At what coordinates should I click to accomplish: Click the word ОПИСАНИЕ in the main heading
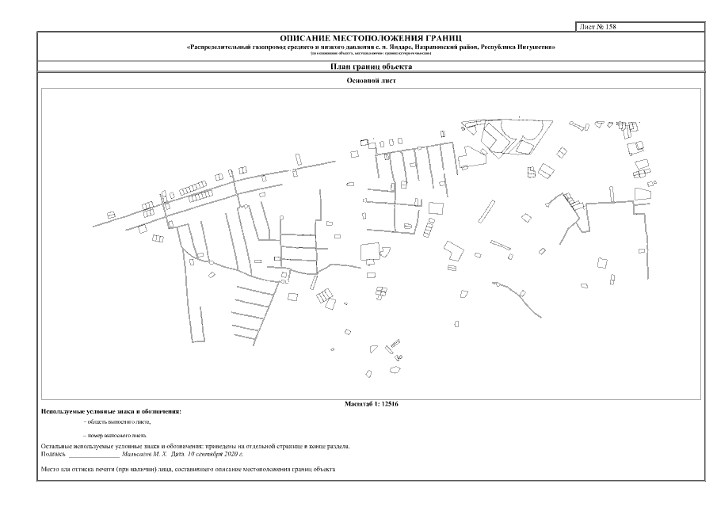303,38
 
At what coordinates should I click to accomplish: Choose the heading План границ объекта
371,67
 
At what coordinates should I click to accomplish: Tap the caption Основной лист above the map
371,81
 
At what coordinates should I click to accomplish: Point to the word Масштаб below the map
357,404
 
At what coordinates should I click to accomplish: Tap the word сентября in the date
207,454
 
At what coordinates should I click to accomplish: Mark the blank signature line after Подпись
93,456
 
